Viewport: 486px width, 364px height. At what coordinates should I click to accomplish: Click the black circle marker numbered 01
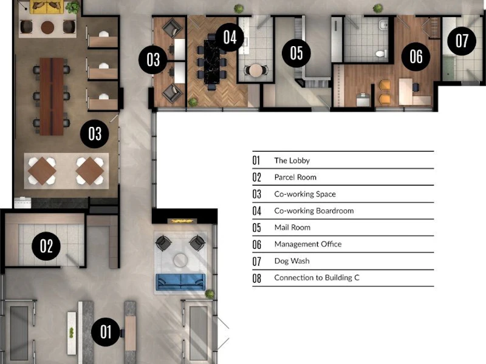[x=105, y=332]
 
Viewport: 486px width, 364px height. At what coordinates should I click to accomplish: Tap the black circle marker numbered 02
[x=46, y=246]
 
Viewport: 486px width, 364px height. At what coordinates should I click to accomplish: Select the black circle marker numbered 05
[x=296, y=53]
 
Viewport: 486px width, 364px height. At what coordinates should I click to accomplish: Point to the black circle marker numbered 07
[x=462, y=41]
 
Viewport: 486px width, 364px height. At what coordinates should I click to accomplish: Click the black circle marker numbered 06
[x=416, y=56]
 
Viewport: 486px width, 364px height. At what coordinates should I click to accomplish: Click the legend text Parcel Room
[x=295, y=177]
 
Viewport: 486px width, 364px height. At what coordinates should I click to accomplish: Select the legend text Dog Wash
[x=292, y=261]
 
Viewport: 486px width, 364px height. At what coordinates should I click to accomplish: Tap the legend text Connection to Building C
[x=317, y=278]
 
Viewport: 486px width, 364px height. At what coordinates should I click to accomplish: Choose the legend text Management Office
[x=308, y=244]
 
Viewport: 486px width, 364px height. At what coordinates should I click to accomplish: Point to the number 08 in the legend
[x=256, y=278]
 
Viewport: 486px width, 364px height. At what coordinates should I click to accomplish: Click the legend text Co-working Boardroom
[x=314, y=211]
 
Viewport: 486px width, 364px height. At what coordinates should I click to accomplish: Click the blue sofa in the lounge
[x=180, y=282]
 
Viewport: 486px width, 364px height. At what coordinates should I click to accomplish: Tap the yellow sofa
[x=47, y=7]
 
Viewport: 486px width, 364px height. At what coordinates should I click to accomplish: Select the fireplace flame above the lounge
[x=182, y=221]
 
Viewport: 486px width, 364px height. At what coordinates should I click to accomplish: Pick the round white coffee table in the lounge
[x=180, y=260]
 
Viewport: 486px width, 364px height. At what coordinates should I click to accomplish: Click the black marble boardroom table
[x=211, y=62]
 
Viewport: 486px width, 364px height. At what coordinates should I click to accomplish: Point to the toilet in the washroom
[x=381, y=53]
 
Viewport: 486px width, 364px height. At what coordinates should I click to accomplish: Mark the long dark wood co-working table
[x=52, y=96]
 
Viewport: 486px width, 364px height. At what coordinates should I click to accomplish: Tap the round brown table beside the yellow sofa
[x=47, y=27]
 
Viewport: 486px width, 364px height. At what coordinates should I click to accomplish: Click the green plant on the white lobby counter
[x=72, y=332]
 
